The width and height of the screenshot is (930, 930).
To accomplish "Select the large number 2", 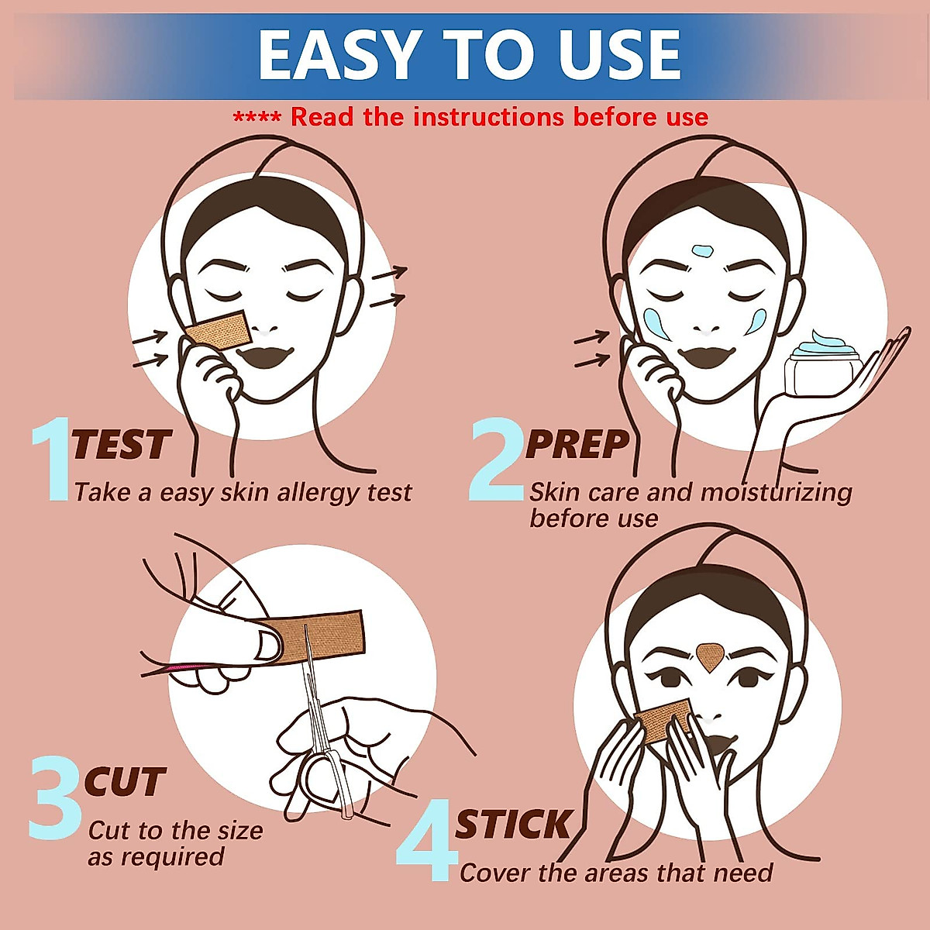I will point(497,459).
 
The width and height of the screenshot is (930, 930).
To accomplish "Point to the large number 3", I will point(55,798).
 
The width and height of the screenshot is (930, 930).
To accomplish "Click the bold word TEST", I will point(121,445).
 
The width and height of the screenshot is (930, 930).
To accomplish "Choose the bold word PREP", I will point(577,445).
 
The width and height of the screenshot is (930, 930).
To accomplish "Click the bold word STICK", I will point(513,825).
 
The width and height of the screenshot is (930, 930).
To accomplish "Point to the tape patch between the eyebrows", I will point(708,656).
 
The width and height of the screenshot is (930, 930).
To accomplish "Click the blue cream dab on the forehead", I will point(702,251).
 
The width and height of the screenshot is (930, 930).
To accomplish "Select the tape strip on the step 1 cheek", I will point(218,331).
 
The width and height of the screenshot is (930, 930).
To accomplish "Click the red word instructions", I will point(488,117).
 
